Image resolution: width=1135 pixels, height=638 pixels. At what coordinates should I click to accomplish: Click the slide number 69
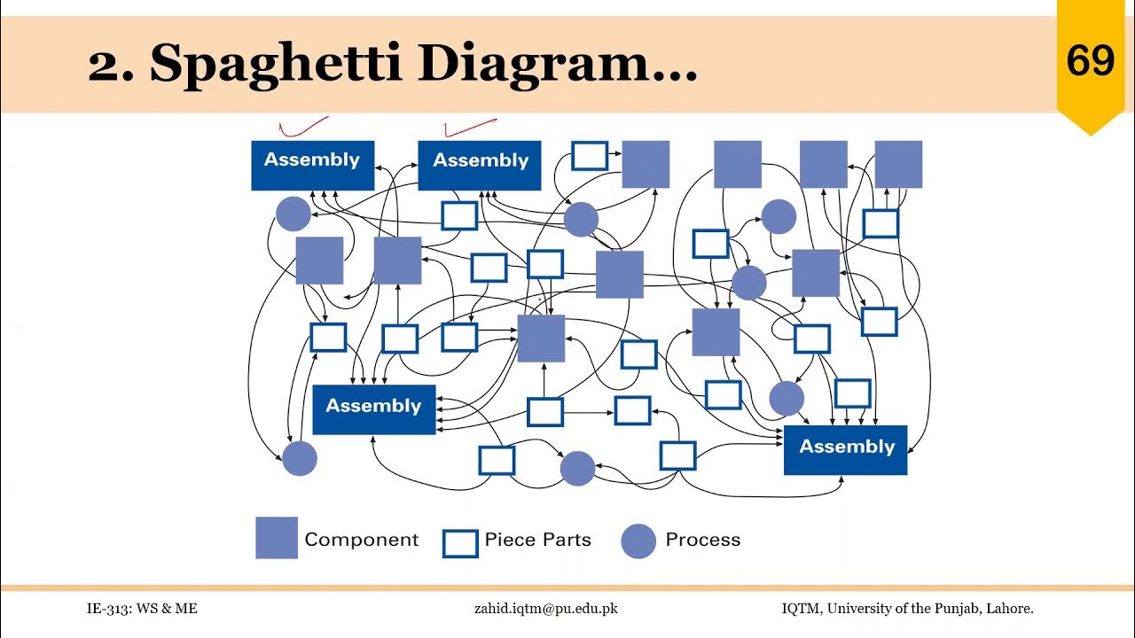point(1090,61)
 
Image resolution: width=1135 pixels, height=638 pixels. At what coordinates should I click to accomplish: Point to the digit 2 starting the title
point(105,64)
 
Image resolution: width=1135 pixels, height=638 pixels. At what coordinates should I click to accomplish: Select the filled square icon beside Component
point(277,538)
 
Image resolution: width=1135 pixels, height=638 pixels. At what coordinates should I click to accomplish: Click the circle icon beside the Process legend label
point(638,541)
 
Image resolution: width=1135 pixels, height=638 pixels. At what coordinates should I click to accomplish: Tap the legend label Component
point(361,540)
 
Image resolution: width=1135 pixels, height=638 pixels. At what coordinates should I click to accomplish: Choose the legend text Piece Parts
point(537,540)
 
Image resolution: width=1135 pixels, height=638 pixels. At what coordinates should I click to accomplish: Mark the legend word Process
point(702,540)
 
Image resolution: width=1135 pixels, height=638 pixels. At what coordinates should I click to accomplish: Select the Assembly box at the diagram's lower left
point(373,408)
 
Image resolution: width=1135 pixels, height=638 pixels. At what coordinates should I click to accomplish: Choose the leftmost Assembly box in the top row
point(312,164)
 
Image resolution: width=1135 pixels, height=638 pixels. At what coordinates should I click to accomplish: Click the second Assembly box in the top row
point(480,164)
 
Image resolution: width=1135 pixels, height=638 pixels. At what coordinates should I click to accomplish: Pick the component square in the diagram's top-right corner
point(898,164)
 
